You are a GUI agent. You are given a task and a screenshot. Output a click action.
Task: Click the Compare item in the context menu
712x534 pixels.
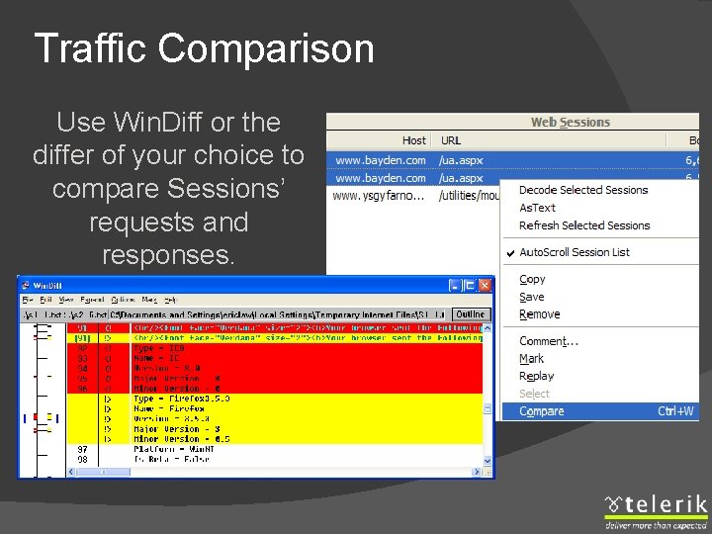click(542, 411)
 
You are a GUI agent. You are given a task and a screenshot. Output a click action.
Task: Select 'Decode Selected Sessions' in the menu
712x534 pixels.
click(583, 190)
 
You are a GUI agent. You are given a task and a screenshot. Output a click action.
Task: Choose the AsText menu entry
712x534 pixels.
click(537, 208)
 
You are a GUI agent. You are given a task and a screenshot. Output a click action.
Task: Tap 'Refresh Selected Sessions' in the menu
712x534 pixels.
click(584, 225)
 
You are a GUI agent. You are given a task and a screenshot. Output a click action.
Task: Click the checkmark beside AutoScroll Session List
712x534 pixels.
click(510, 253)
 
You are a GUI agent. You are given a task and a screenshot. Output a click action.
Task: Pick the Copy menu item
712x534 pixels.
click(532, 280)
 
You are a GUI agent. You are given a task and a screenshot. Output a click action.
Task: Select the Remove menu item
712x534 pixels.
click(539, 314)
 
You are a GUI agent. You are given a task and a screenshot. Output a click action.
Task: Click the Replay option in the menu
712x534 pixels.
click(537, 376)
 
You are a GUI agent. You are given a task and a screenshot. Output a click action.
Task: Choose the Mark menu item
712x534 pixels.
click(531, 359)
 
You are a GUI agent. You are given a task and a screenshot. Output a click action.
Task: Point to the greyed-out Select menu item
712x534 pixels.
click(534, 394)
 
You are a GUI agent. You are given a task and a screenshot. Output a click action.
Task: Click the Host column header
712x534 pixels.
click(414, 140)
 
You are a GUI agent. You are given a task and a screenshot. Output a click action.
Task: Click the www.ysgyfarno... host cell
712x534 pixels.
click(379, 196)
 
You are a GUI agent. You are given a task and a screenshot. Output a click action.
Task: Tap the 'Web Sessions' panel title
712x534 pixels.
click(571, 123)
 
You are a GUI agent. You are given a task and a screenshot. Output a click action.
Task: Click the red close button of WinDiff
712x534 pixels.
click(485, 285)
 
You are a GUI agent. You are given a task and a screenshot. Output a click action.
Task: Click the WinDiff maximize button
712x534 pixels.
click(470, 285)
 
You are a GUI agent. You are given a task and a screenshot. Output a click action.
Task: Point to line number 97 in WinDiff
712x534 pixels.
click(82, 449)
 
